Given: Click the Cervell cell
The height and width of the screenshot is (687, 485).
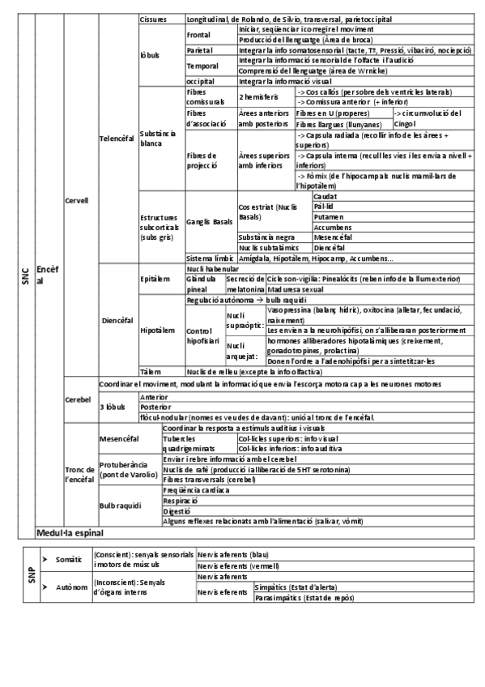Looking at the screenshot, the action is [77, 200].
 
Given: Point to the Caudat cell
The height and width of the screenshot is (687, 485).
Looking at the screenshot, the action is [325, 197].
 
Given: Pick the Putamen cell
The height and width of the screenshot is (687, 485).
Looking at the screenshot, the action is [327, 217].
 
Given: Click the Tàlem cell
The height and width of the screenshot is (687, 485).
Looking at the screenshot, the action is [150, 370].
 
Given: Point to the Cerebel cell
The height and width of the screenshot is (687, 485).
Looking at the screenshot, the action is [77, 400].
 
